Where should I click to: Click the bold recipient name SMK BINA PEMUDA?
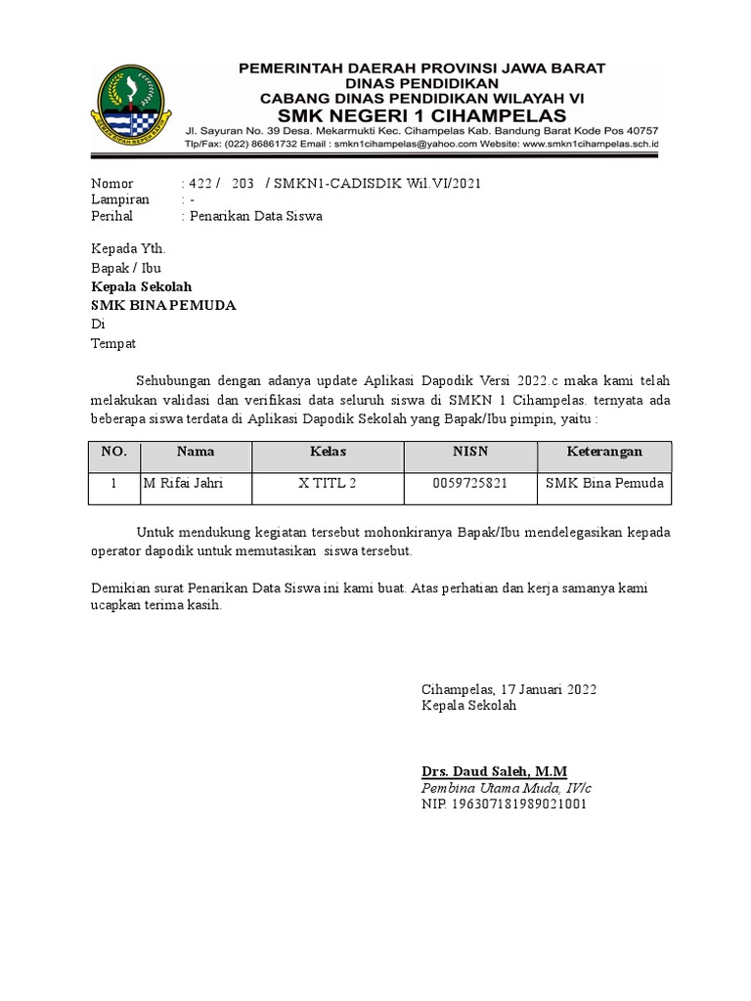[163, 306]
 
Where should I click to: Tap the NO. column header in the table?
[113, 453]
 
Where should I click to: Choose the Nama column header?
[196, 452]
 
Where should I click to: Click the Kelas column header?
[328, 452]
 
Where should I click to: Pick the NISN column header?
[469, 452]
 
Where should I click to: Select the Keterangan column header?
[604, 452]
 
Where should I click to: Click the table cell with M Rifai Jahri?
[183, 483]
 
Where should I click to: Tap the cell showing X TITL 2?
[328, 483]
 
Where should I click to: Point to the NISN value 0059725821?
[469, 483]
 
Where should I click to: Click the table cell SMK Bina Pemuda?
[604, 483]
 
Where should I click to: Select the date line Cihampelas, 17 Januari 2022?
[508, 689]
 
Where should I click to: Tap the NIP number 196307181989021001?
[504, 805]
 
